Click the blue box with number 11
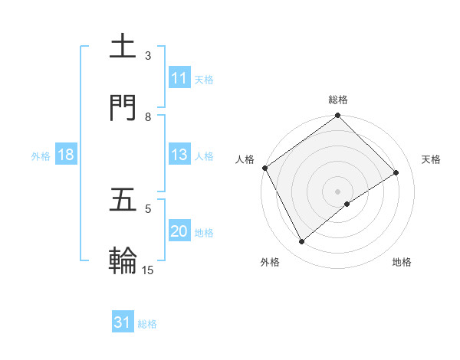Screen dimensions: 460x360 (179, 78)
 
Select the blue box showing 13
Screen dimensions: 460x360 (179, 155)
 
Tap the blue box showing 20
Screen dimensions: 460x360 (179, 231)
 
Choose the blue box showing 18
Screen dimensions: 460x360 (65, 155)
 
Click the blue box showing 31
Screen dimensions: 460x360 (123, 322)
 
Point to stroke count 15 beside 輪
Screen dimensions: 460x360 (148, 270)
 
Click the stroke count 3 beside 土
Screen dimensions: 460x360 (148, 56)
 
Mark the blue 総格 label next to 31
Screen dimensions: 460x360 (147, 324)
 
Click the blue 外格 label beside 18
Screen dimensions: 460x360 (41, 155)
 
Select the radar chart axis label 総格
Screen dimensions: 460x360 (338, 100)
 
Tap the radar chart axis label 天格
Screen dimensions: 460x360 (432, 159)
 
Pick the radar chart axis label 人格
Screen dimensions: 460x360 (245, 159)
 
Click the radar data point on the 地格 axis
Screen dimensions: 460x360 (347, 204)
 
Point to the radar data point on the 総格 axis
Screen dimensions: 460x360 (338, 116)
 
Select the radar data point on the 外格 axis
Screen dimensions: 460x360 (302, 242)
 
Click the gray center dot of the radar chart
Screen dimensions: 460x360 (338, 191)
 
